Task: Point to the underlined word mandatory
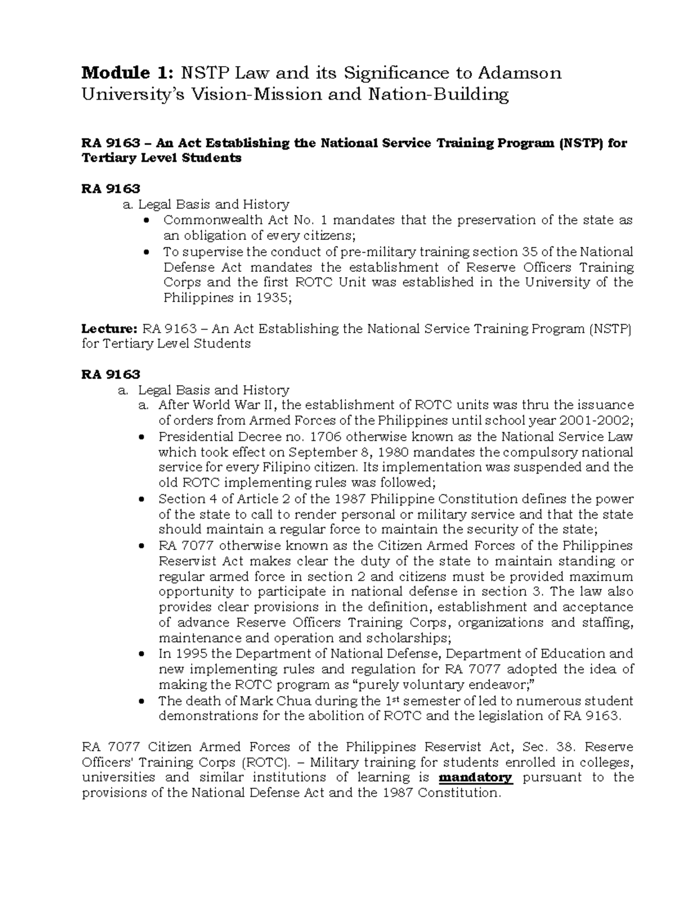click(x=476, y=777)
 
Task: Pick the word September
click(x=317, y=452)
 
